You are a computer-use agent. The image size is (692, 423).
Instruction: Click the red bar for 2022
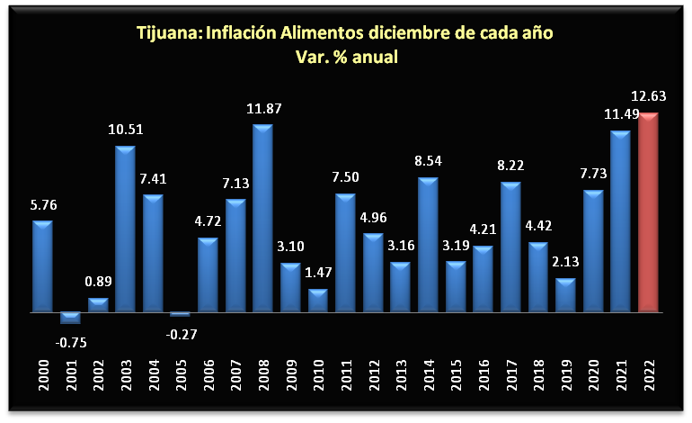pyautogui.click(x=649, y=213)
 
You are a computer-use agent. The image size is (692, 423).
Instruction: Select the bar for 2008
pyautogui.click(x=262, y=219)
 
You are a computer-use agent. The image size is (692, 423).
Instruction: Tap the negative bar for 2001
pyautogui.click(x=70, y=318)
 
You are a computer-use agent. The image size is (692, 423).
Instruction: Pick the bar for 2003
pyautogui.click(x=125, y=229)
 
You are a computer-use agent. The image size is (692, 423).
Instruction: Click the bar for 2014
pyautogui.click(x=428, y=245)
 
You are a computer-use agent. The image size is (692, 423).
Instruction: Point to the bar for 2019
pyautogui.click(x=565, y=295)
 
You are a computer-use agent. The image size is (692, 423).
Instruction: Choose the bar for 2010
pyautogui.click(x=318, y=301)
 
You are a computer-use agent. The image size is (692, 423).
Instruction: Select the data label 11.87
pyautogui.click(x=262, y=109)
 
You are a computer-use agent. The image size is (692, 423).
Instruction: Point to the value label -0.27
pyautogui.click(x=181, y=334)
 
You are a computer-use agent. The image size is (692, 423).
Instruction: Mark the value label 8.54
pyautogui.click(x=428, y=163)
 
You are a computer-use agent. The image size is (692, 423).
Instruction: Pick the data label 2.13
pyautogui.click(x=565, y=263)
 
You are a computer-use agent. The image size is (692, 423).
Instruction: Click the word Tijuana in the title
pyautogui.click(x=169, y=34)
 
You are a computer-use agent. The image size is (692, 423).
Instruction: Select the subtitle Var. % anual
pyautogui.click(x=346, y=57)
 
